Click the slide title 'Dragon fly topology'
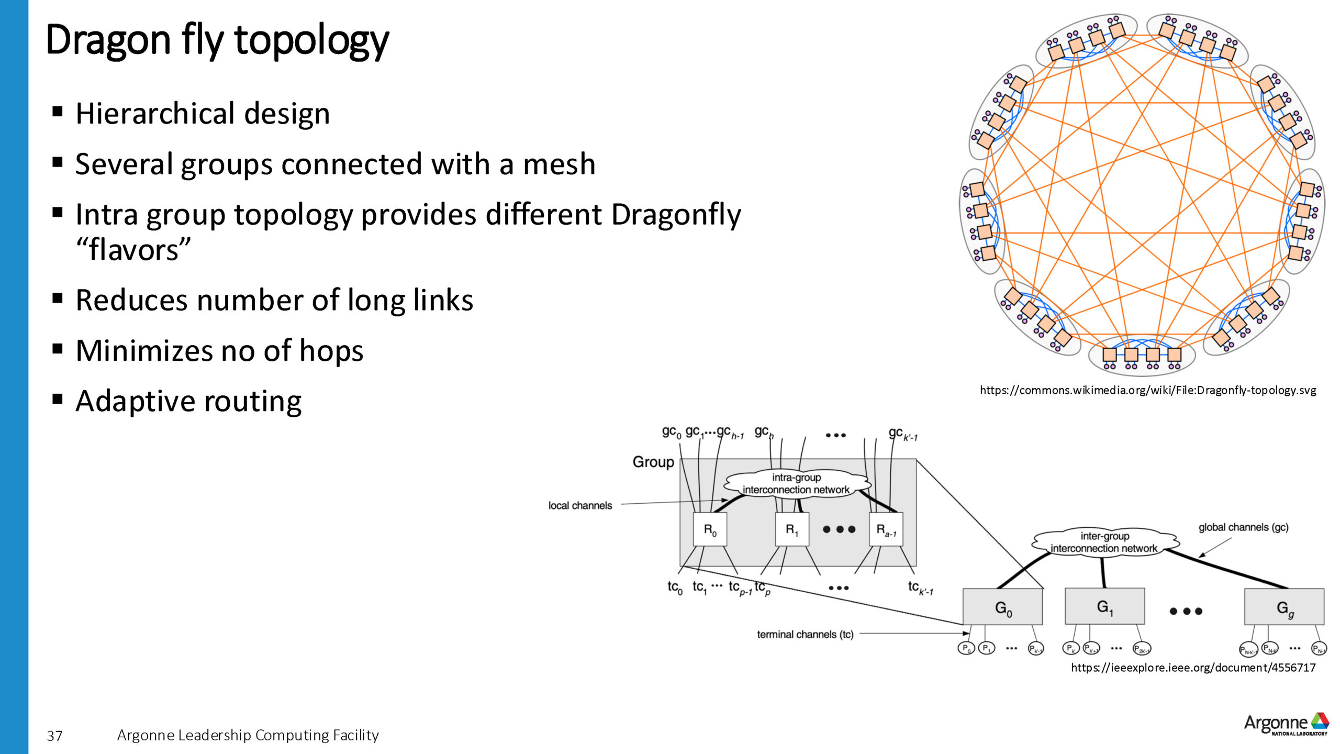pos(217,40)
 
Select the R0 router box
pos(710,530)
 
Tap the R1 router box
pos(791,530)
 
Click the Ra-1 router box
pos(886,530)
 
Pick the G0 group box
pos(1002,607)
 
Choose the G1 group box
pos(1104,606)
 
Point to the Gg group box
pos(1284,607)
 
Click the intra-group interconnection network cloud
pos(796,483)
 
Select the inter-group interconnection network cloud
pos(1104,542)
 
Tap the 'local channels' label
pos(580,505)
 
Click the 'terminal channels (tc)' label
pos(805,635)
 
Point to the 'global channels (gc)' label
pos(1243,527)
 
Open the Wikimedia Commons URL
pos(1147,390)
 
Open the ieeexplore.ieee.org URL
pos(1193,668)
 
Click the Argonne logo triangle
pos(1320,721)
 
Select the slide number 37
pos(54,736)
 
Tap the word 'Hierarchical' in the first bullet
pos(155,114)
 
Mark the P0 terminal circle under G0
pos(966,649)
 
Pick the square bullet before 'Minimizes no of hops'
pos(58,349)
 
